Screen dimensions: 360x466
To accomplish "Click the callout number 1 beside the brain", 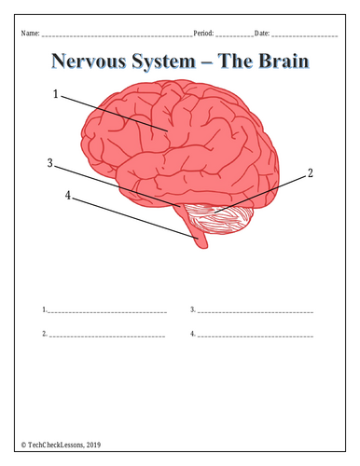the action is tap(56, 94).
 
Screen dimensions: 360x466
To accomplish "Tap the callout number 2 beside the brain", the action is tap(310, 173).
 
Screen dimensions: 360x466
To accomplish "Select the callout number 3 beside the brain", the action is tap(50, 163).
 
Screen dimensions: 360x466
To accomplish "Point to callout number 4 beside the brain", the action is tap(68, 196).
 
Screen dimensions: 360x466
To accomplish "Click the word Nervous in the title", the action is tap(89, 61).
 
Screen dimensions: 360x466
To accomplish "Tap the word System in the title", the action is tap(163, 62).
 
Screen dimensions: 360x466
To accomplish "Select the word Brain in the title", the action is tap(284, 61).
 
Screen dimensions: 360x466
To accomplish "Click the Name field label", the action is tap(30, 33).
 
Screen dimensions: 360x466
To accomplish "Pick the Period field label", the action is tap(203, 33).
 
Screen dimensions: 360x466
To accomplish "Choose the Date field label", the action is tap(262, 33).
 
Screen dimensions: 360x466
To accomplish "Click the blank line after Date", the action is tap(305, 36).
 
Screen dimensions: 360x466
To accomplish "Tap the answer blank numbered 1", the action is tap(107, 312).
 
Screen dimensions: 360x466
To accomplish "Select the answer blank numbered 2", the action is tap(107, 336).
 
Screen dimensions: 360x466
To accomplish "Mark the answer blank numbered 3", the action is tap(256, 312).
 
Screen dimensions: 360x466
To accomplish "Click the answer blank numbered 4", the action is tap(256, 336).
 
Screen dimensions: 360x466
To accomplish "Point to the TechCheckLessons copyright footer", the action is tap(61, 445).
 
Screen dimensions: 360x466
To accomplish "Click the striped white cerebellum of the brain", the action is tap(222, 219).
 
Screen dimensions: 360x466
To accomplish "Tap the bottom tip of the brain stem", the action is tap(202, 248).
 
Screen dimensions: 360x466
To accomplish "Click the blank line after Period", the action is tap(235, 36).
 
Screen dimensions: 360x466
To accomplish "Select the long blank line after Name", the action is tap(118, 36).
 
